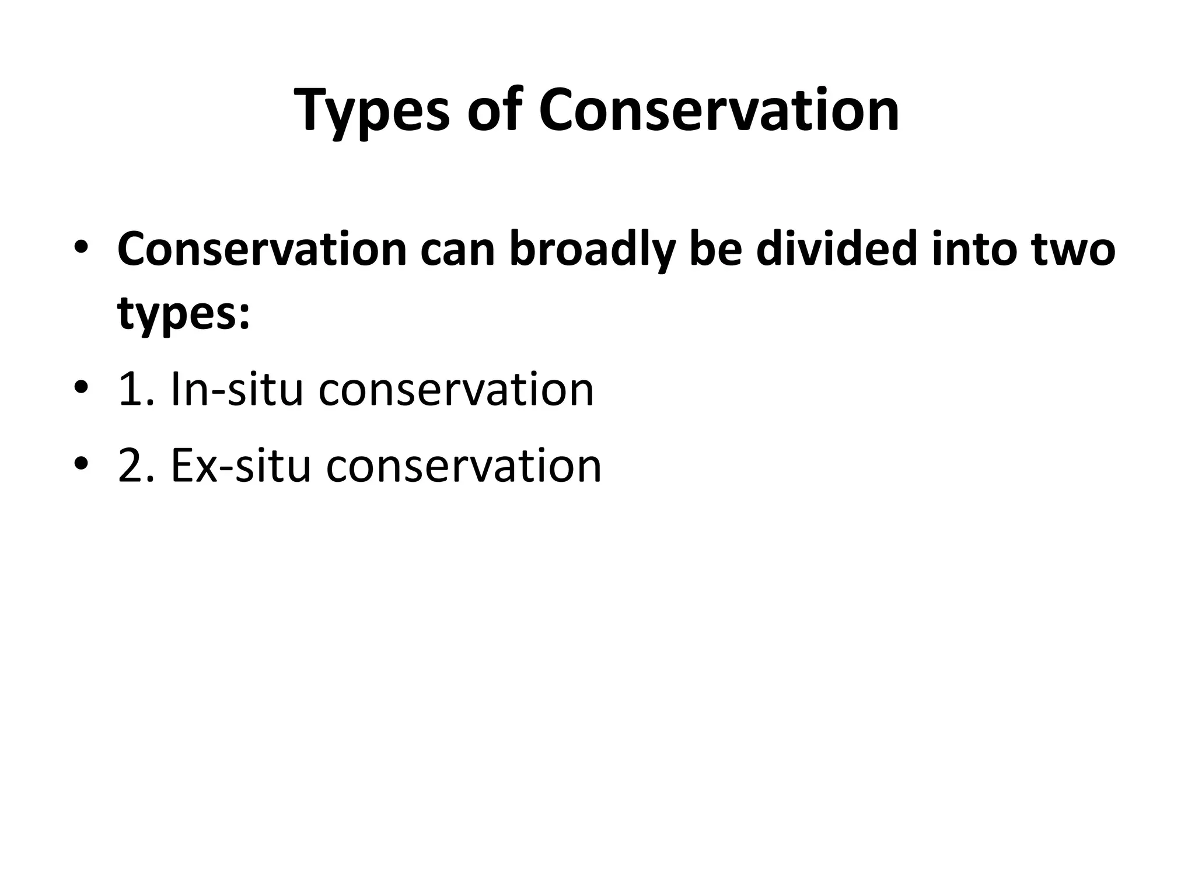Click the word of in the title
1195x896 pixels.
click(x=494, y=111)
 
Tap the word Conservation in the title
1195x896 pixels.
click(x=718, y=111)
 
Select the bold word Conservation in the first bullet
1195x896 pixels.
click(x=262, y=249)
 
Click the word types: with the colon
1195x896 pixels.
click(x=184, y=313)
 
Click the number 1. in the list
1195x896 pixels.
click(x=137, y=390)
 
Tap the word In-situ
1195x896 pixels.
click(x=237, y=390)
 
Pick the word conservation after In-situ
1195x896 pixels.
click(x=456, y=390)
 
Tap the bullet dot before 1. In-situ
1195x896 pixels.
click(x=81, y=387)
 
